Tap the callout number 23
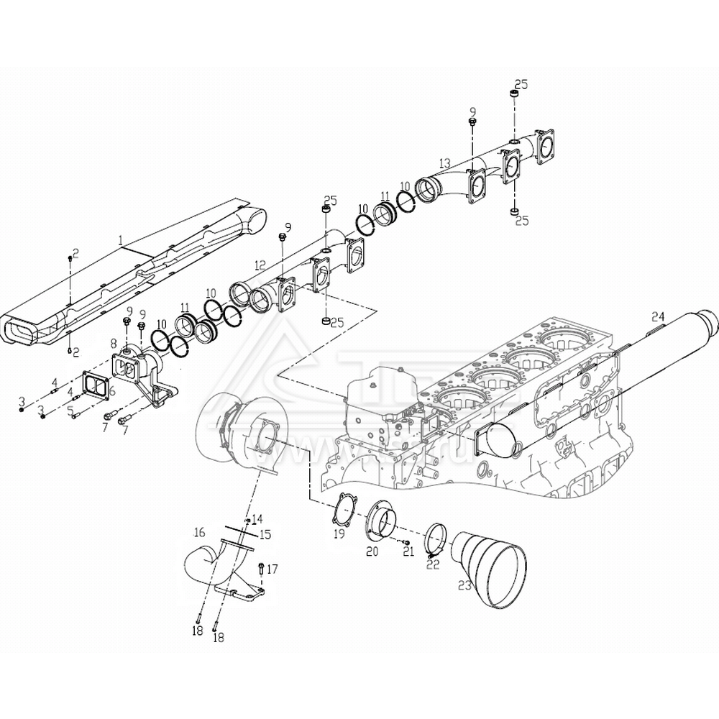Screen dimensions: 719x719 [464, 586]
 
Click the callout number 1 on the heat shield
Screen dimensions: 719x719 [122, 238]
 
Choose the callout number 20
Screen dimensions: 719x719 [372, 551]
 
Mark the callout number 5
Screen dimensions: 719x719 [70, 411]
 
